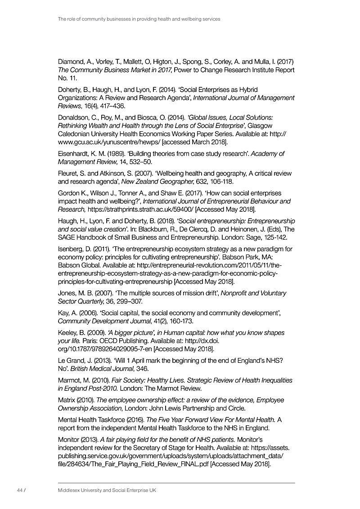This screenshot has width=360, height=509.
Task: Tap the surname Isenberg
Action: tap(72, 249)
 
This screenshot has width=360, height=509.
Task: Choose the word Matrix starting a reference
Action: tap(68, 400)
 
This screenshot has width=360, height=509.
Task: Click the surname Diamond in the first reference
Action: tap(72, 61)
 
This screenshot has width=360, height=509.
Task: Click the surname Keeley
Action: tap(70, 333)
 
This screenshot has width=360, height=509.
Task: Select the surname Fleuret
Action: tap(70, 174)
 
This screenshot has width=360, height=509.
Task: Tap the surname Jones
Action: tap(69, 293)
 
